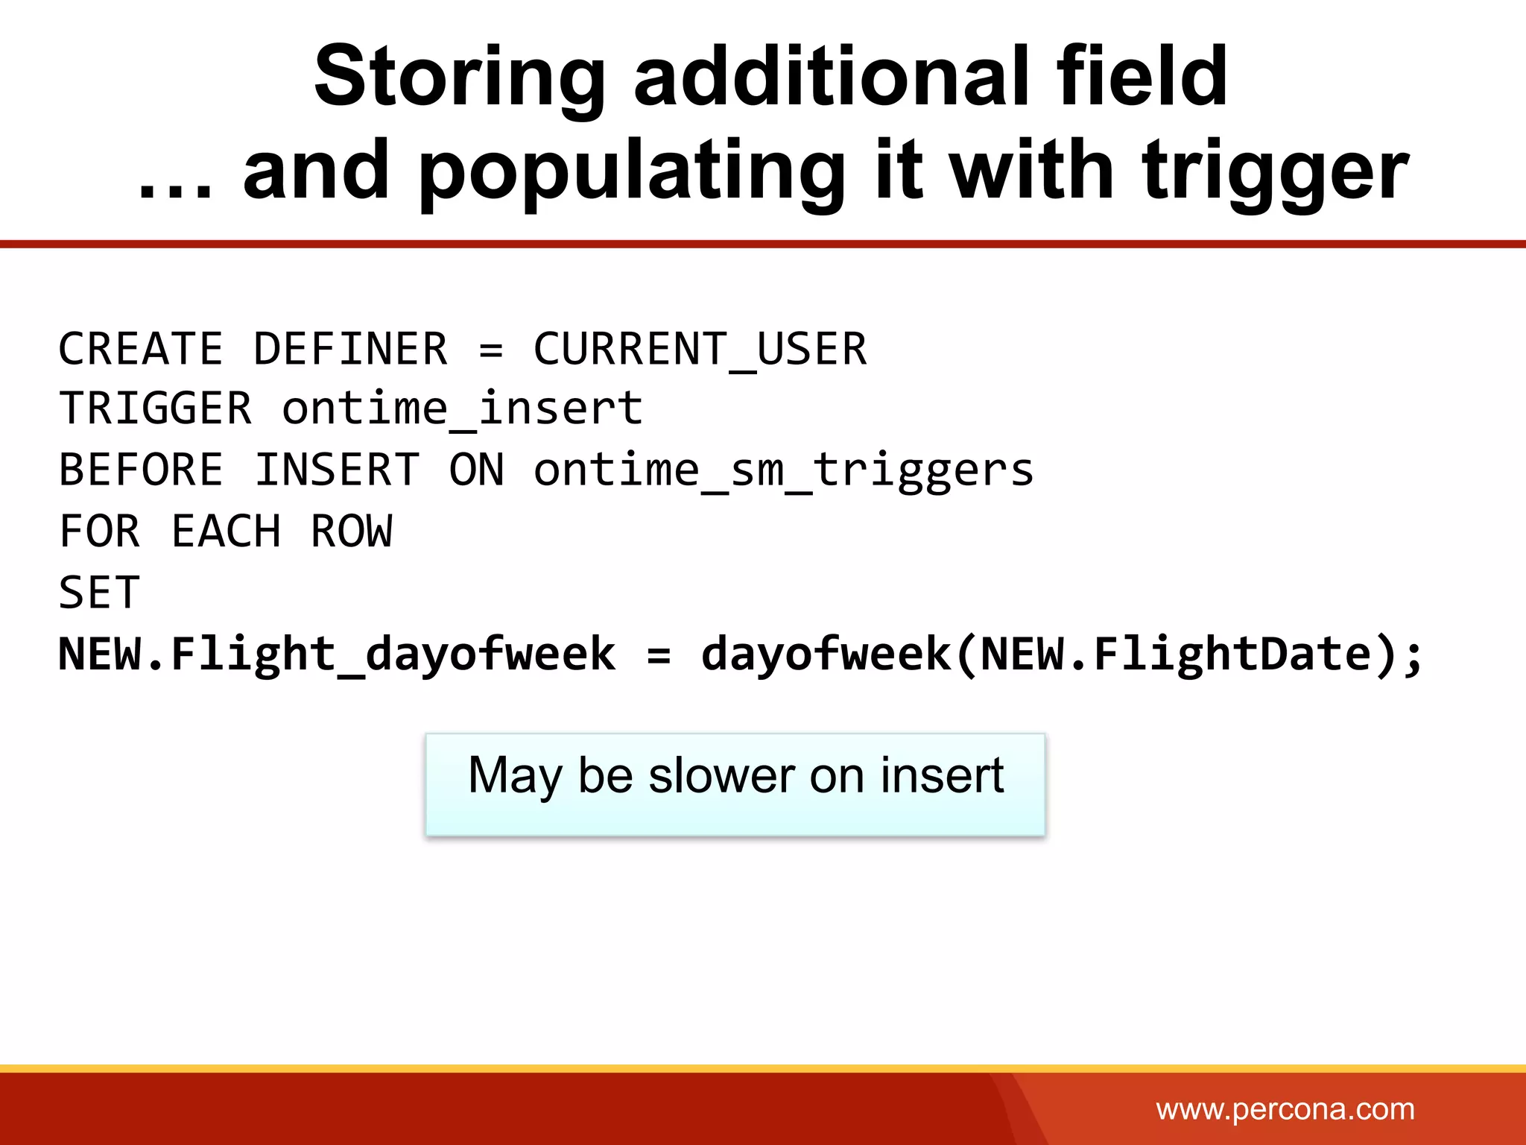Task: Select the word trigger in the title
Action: [1275, 173]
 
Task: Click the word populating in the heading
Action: [632, 173]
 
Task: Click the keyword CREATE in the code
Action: [141, 349]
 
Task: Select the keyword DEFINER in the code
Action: [350, 349]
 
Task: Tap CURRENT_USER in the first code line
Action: [700, 349]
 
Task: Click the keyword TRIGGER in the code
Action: [155, 409]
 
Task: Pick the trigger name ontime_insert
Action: [462, 409]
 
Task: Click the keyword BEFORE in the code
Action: [141, 470]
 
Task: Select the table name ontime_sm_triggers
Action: [783, 470]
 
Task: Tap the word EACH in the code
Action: [226, 532]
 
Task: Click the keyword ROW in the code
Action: [351, 532]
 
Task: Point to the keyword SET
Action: [99, 593]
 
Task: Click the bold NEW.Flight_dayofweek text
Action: [337, 654]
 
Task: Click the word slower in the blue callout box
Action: [723, 775]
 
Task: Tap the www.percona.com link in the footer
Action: [1285, 1110]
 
